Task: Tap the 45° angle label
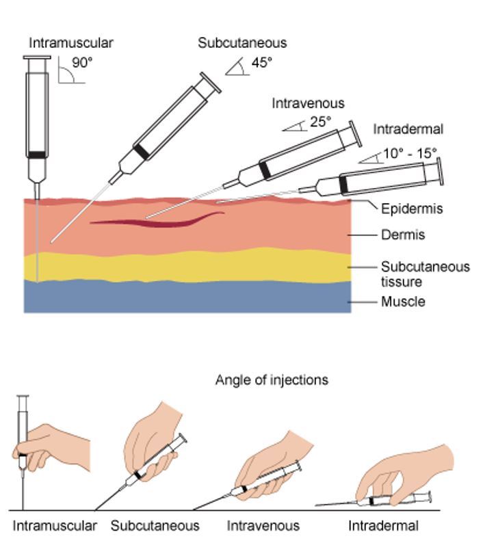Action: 261,62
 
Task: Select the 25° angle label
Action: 319,122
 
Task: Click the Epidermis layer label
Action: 412,209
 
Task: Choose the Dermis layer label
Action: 403,235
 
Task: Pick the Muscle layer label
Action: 403,302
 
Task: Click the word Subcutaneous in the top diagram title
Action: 242,42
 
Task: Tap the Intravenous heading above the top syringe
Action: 308,103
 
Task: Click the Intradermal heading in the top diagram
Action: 408,129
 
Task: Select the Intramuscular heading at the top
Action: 70,42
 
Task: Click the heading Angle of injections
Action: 272,380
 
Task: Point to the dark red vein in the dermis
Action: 157,220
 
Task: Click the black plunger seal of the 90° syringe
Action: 38,155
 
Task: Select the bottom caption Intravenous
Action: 263,526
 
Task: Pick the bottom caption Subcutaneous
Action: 155,526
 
